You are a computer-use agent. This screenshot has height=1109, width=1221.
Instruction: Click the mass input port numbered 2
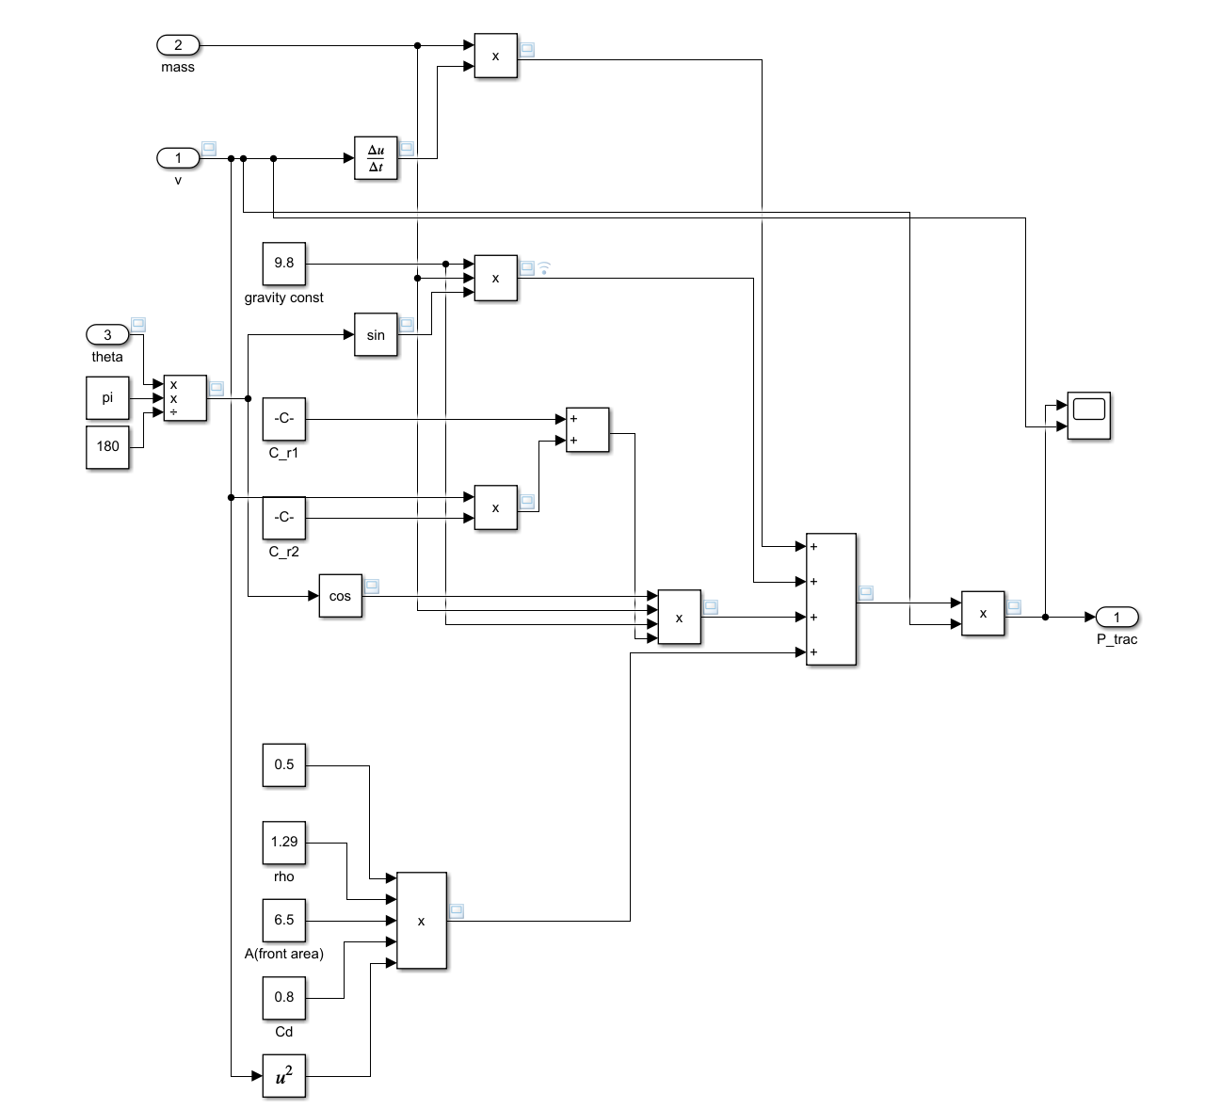(177, 45)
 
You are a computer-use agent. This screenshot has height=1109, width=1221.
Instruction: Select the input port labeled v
(177, 158)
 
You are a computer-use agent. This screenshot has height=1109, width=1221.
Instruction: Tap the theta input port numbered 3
(107, 335)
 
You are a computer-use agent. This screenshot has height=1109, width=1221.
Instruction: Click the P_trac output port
(1117, 618)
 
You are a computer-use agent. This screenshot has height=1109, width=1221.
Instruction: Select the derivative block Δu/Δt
(376, 158)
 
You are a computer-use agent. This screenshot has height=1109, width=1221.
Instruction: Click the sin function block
(376, 335)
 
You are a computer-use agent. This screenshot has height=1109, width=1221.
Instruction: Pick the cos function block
(340, 596)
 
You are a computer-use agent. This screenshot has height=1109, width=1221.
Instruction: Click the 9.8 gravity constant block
(283, 264)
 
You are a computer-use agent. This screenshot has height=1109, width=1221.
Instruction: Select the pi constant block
(107, 398)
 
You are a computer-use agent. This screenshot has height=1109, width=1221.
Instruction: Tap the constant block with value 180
(107, 446)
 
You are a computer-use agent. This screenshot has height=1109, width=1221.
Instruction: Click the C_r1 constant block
(283, 418)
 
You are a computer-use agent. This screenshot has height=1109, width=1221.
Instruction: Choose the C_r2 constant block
(283, 518)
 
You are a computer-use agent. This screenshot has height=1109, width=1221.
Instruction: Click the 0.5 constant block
(283, 764)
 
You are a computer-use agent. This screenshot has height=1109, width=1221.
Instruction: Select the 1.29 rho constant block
(283, 842)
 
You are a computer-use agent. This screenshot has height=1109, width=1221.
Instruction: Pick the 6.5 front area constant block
(283, 920)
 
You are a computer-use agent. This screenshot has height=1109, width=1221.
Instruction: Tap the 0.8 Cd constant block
(283, 997)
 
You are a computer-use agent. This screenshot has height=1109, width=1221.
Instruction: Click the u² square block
(283, 1075)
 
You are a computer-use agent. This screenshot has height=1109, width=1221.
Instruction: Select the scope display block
(1089, 415)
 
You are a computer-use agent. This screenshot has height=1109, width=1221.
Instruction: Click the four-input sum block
(830, 599)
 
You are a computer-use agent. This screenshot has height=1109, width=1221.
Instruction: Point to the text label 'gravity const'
(283, 297)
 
